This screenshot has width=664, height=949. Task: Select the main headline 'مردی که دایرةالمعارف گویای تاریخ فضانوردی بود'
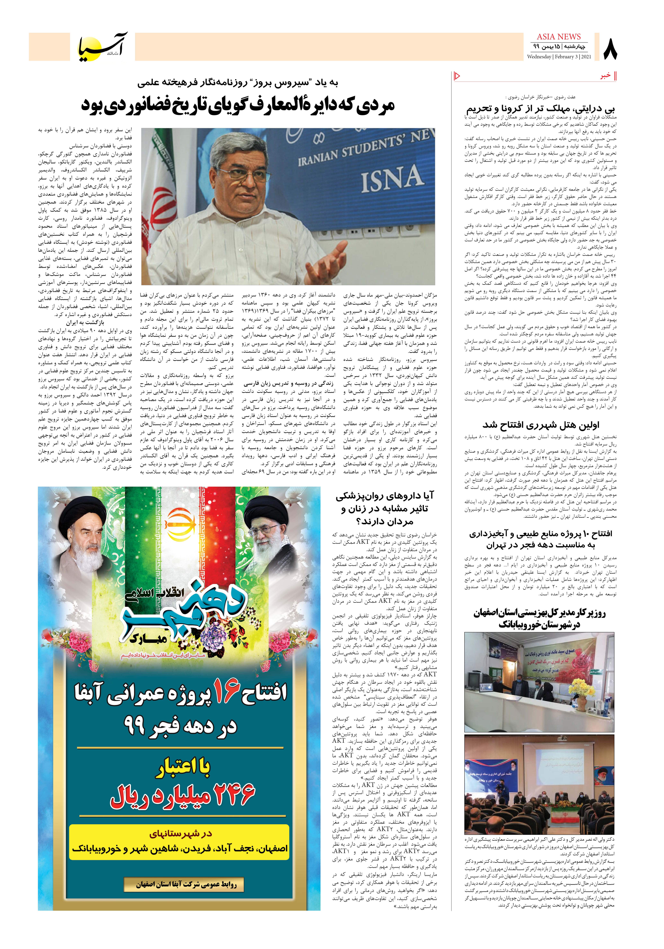tap(238, 105)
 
